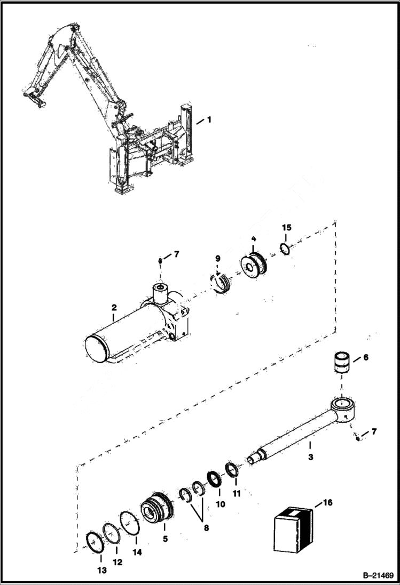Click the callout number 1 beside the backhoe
[209, 120]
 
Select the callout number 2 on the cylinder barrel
[114, 308]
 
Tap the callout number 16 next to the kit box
[327, 502]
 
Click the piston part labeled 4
[254, 266]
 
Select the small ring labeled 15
[286, 249]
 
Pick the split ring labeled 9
[221, 283]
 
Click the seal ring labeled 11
[232, 470]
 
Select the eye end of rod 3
[341, 408]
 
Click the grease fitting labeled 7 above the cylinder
[160, 260]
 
